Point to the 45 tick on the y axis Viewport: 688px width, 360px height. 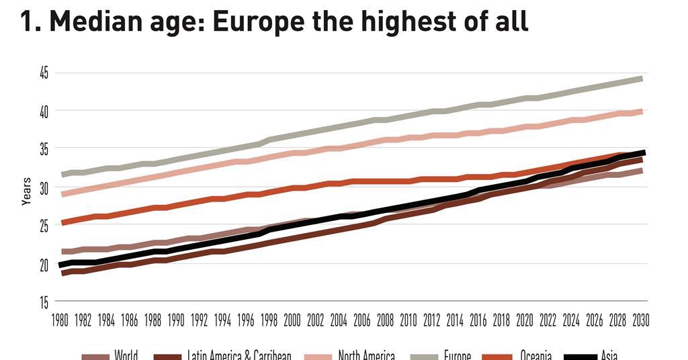(44, 73)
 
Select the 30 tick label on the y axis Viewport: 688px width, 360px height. (44, 189)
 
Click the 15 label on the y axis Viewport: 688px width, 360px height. (44, 303)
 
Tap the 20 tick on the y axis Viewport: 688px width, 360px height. (44, 265)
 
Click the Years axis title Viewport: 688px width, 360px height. (26, 191)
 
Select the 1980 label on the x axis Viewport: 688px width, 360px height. (59, 319)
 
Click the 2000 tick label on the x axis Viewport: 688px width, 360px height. (292, 319)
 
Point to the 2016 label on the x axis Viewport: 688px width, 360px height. (478, 319)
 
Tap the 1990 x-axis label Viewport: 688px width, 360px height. (175, 319)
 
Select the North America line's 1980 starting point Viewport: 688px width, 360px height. (62, 194)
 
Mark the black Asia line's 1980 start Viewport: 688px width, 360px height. (62, 265)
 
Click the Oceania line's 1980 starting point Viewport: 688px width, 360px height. (62, 222)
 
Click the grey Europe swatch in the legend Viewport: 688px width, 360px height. (423, 357)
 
